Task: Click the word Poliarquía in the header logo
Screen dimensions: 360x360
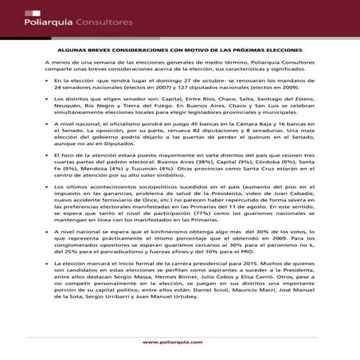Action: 38,14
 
